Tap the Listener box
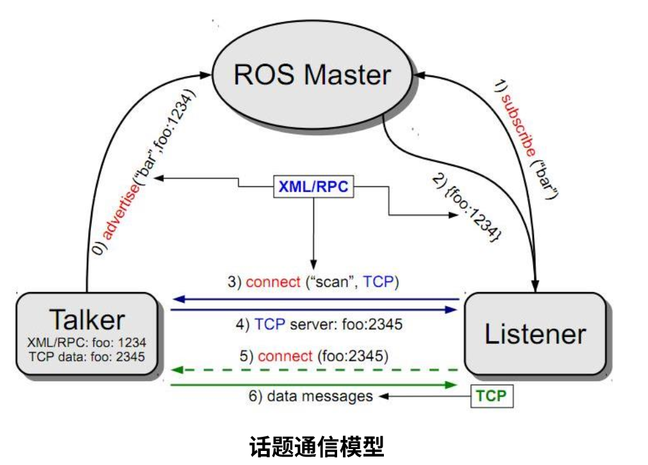535,334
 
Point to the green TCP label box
491,396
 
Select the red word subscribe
518,122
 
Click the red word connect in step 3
272,282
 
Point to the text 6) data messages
310,396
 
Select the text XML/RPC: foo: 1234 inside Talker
87,343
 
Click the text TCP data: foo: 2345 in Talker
87,357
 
